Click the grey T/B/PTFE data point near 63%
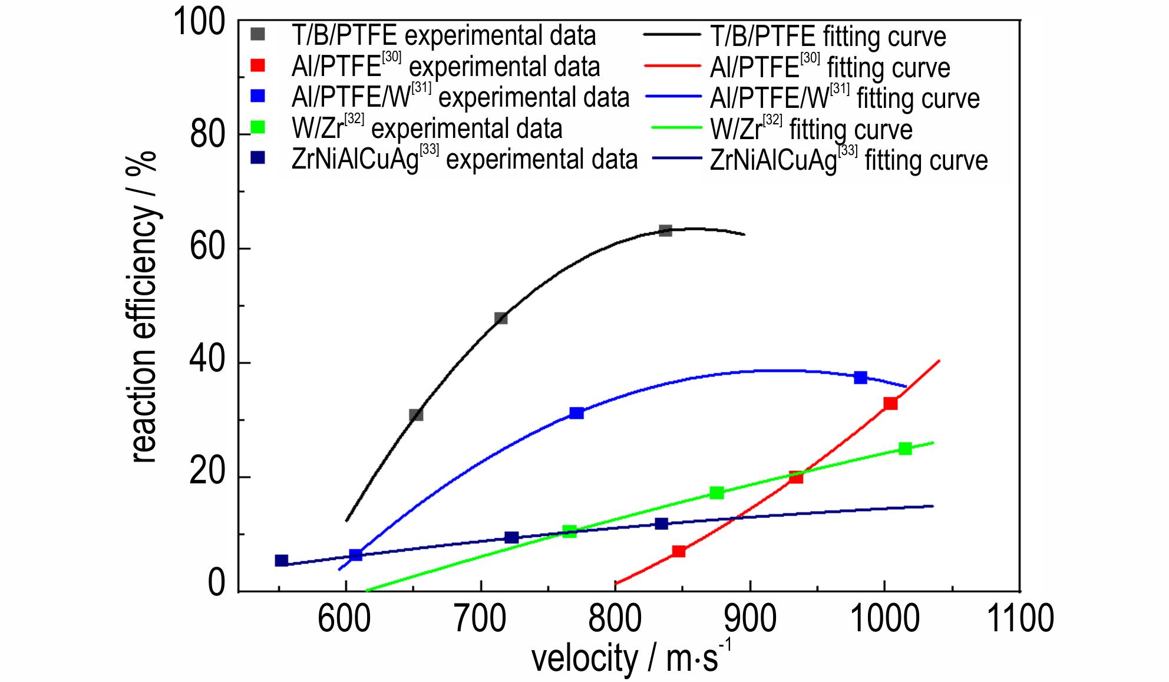pyautogui.click(x=665, y=230)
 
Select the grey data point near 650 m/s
pyautogui.click(x=416, y=415)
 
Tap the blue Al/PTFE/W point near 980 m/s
pyautogui.click(x=860, y=377)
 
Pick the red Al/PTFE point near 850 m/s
pyautogui.click(x=679, y=551)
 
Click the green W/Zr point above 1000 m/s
pyautogui.click(x=905, y=449)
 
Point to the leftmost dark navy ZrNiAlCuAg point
pyautogui.click(x=282, y=561)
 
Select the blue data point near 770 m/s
pyautogui.click(x=577, y=413)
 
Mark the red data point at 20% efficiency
pyautogui.click(x=796, y=477)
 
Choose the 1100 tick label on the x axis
pyautogui.click(x=1019, y=620)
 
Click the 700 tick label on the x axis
pyautogui.click(x=481, y=620)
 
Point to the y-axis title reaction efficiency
pyautogui.click(x=143, y=307)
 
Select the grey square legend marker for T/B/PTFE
pyautogui.click(x=257, y=35)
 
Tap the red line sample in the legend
pyautogui.click(x=673, y=66)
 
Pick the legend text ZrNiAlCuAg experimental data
pyautogui.click(x=464, y=159)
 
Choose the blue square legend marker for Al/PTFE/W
pyautogui.click(x=257, y=95)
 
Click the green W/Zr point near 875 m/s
pyautogui.click(x=716, y=493)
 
